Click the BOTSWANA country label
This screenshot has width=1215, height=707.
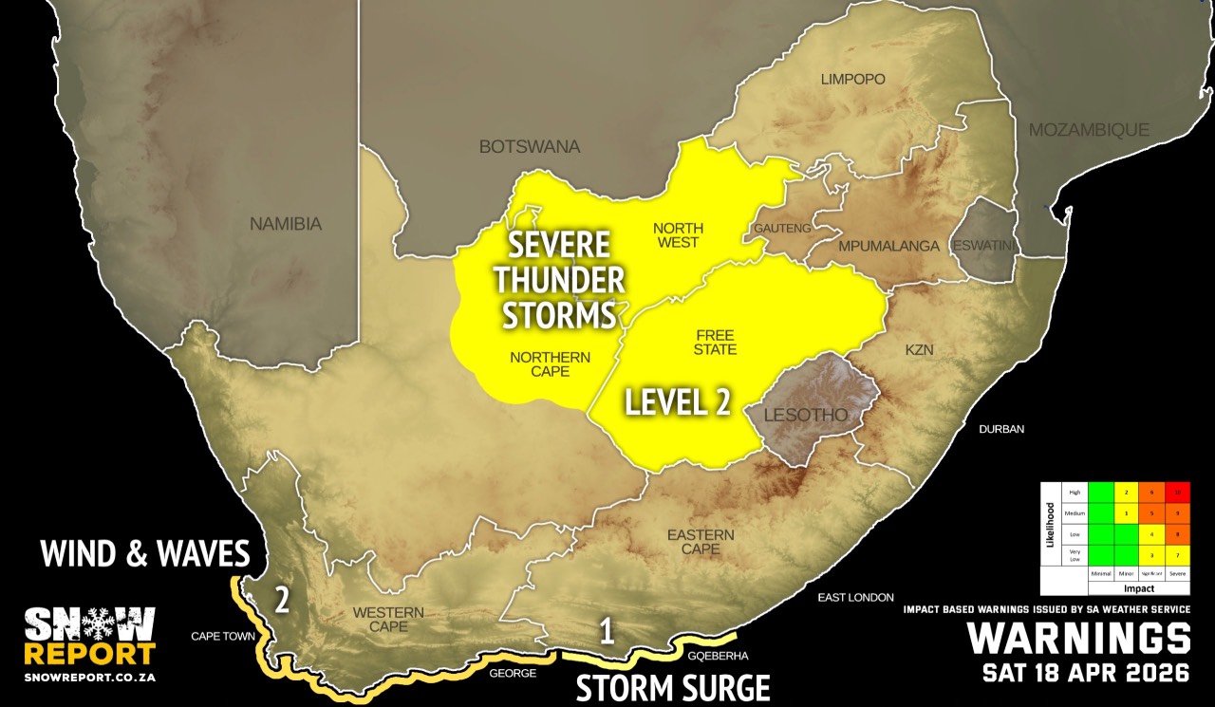click(x=529, y=147)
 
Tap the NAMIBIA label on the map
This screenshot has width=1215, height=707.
click(x=286, y=225)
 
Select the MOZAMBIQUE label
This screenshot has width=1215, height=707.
click(x=1089, y=130)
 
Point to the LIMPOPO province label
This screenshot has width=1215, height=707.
click(x=852, y=80)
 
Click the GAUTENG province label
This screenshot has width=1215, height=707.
click(x=782, y=229)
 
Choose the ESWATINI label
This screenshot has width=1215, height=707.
click(x=984, y=246)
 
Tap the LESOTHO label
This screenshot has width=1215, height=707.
click(x=806, y=416)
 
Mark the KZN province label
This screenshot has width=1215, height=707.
click(x=919, y=350)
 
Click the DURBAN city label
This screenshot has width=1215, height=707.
click(x=1002, y=429)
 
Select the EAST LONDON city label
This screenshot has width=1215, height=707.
click(x=855, y=597)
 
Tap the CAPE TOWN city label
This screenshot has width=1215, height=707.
click(x=223, y=637)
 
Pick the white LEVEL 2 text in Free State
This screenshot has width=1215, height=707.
click(x=677, y=402)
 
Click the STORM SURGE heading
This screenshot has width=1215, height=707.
click(x=672, y=686)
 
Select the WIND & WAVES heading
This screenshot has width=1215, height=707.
click(x=144, y=553)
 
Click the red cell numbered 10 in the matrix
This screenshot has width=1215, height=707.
click(x=1178, y=493)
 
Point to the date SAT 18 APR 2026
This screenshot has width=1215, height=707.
click(x=1086, y=674)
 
